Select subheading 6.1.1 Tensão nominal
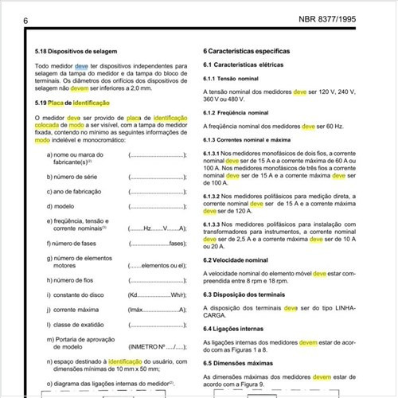point(232,78)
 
